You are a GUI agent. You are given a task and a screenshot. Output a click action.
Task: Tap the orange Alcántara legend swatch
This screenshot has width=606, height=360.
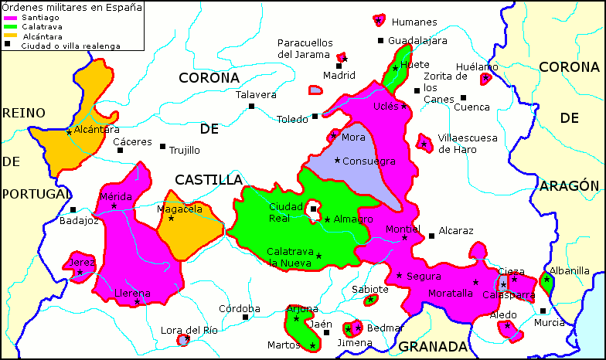pos(9,36)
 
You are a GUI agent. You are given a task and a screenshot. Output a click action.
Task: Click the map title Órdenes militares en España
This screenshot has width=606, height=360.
pos(71,8)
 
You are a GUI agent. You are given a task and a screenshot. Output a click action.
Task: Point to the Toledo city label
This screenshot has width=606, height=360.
pos(293,119)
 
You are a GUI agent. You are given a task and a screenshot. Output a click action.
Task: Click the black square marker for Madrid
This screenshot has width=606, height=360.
pos(339,66)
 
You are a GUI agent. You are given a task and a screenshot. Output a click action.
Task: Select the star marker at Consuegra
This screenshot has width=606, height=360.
pos(337,160)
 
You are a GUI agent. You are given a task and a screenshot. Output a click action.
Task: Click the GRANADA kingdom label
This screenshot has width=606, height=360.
pos(433,346)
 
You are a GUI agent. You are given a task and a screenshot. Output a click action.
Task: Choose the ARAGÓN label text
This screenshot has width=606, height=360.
pos(569,185)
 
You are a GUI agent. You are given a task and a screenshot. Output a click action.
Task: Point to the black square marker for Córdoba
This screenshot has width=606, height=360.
pos(246,317)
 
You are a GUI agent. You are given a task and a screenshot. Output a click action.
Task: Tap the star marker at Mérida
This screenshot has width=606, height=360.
pos(114,206)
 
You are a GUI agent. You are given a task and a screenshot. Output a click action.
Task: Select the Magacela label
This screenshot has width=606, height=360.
pos(179,209)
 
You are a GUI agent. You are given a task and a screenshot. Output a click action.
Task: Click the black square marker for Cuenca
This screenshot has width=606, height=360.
pos(463,97)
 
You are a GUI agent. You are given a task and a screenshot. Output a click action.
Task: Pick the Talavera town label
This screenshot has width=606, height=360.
pos(256,94)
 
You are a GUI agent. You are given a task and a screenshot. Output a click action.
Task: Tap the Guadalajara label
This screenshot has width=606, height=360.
pos(417,41)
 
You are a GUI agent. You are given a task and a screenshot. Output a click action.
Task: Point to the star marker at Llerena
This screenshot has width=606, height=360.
pos(137,302)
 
